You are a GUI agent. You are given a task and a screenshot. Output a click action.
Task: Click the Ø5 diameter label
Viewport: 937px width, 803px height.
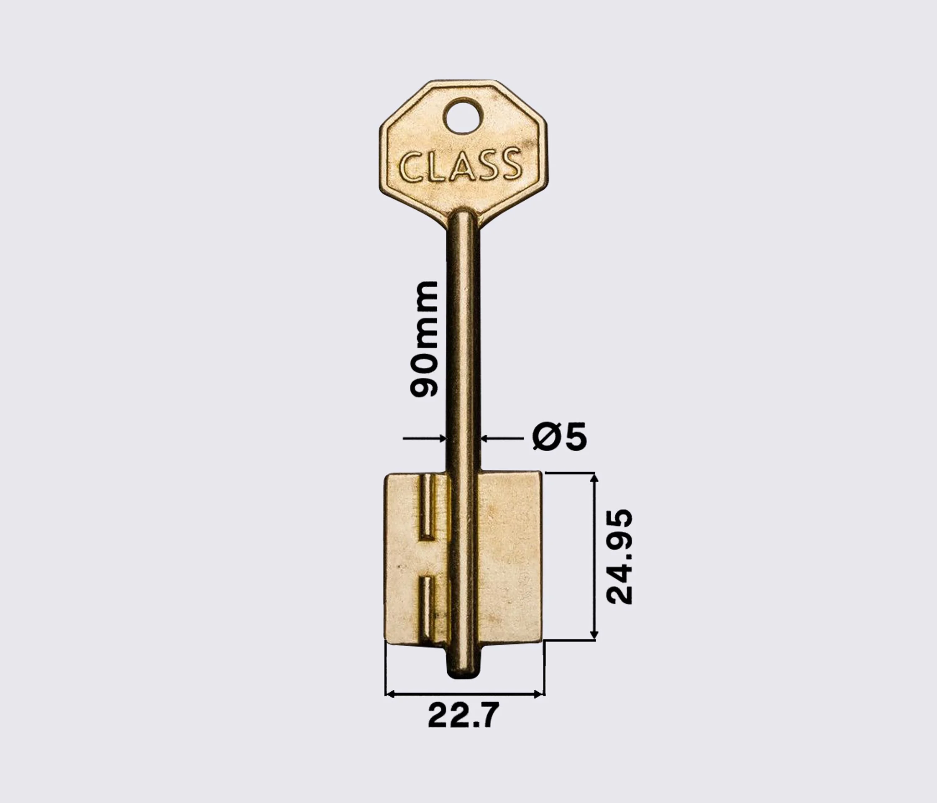(559, 437)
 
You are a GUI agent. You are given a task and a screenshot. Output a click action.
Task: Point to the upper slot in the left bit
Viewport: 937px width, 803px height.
(428, 507)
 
